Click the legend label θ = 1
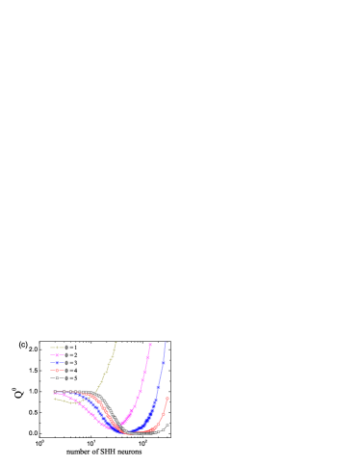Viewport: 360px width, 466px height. click(71, 347)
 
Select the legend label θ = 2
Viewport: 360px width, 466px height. click(71, 355)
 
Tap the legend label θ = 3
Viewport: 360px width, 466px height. click(71, 363)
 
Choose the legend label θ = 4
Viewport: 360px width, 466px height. click(71, 371)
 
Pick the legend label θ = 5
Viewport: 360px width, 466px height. click(71, 378)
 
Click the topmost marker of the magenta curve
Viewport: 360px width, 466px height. click(150, 344)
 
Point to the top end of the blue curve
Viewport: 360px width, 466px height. click(166, 343)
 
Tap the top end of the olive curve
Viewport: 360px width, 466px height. click(116, 343)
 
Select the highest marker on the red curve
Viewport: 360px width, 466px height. click(167, 398)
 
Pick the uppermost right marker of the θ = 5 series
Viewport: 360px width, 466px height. click(167, 425)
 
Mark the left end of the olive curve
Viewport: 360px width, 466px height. click(54, 399)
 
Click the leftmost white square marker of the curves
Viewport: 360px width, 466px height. click(55, 391)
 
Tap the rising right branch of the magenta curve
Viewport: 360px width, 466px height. click(142, 380)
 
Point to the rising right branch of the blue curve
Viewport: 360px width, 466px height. click(159, 385)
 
